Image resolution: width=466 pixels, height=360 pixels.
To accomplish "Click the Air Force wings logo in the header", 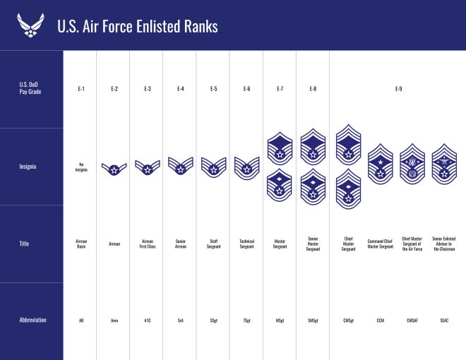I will [x=30, y=25].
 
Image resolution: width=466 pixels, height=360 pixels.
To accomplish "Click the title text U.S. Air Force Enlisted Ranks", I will [x=138, y=26].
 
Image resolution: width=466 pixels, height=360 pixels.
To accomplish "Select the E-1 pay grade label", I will [x=81, y=89].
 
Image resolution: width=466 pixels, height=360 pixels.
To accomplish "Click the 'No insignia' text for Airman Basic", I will [x=81, y=167].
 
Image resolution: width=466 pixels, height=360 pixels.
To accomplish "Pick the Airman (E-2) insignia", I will [x=114, y=169].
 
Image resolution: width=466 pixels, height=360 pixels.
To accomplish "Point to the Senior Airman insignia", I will [x=181, y=167].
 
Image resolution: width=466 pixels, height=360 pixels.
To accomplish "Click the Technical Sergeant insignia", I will [x=246, y=167].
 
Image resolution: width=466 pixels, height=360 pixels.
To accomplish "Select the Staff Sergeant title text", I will [x=213, y=244].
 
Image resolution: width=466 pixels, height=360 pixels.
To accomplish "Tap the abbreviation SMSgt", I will [x=313, y=320].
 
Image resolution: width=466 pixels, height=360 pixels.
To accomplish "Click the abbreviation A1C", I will [x=147, y=320].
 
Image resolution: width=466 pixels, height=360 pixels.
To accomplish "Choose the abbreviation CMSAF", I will [x=412, y=320].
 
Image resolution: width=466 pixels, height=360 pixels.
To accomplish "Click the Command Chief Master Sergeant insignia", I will [x=381, y=165].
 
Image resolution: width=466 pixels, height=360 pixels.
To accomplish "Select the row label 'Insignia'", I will [x=28, y=167].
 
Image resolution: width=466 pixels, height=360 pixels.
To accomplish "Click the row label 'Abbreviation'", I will [x=32, y=320].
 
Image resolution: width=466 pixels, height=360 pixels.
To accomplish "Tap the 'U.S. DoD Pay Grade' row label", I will [x=29, y=89].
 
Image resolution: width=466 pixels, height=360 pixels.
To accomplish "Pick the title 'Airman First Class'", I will [x=147, y=244].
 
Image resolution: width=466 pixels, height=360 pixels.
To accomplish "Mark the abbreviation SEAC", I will [x=444, y=320].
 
